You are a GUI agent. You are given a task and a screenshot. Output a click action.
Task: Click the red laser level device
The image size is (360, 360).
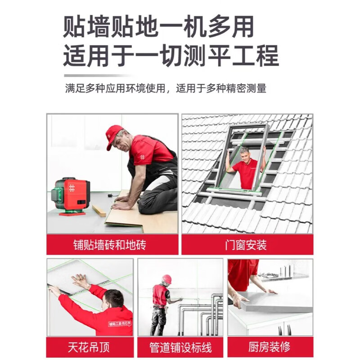pos(72,196)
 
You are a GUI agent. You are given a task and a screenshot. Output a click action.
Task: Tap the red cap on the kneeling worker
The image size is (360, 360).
pos(114,136)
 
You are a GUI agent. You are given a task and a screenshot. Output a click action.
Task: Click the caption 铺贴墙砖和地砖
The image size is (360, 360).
pos(109,245)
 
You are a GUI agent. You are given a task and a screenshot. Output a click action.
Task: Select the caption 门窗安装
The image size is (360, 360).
pos(246,245)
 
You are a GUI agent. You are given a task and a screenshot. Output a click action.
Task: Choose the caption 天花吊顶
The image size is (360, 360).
pos(89,347)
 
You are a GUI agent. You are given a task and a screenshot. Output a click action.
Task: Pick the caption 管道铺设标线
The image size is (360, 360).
pos(180,347)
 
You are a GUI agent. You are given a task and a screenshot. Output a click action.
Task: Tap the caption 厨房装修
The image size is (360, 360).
pos(269,347)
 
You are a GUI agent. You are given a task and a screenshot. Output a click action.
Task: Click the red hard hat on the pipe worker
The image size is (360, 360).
pos(166,279)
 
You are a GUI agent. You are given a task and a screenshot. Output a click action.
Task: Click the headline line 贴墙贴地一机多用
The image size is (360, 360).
pos(159,27)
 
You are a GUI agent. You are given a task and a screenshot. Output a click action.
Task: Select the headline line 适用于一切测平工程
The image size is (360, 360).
pos(171,56)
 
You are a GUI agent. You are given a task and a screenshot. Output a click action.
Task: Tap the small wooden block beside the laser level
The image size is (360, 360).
pos(99,211)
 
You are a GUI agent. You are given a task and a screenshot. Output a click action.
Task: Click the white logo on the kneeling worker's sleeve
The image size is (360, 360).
pos(143,157)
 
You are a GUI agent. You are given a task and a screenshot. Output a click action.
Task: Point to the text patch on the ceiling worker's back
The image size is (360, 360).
pos(120,324)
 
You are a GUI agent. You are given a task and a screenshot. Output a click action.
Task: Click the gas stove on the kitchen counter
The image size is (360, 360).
pos(268,275)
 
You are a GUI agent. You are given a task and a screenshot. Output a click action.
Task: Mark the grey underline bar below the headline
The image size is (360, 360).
pos(98,76)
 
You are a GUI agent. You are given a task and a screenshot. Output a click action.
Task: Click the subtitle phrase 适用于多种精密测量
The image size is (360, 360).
pos(221,88)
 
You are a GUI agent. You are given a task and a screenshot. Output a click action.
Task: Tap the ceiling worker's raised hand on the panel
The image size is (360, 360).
pos(79,282)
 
